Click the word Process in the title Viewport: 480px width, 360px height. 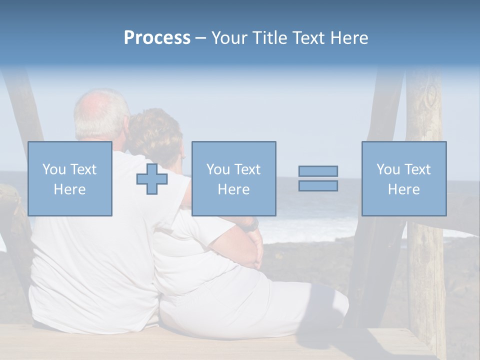[x=157, y=38]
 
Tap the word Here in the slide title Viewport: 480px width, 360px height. [x=348, y=38]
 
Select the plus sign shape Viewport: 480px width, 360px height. [x=152, y=179]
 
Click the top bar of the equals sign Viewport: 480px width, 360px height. [x=318, y=171]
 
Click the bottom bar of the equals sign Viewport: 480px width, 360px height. [x=318, y=186]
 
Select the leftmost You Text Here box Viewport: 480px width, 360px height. [x=70, y=179]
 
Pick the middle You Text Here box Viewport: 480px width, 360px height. [x=233, y=179]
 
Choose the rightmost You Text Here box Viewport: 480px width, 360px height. [x=404, y=179]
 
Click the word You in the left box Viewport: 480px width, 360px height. [x=53, y=169]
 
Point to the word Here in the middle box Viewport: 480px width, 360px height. [x=233, y=189]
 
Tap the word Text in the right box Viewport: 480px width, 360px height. [x=417, y=169]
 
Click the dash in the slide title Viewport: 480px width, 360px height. [x=201, y=38]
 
